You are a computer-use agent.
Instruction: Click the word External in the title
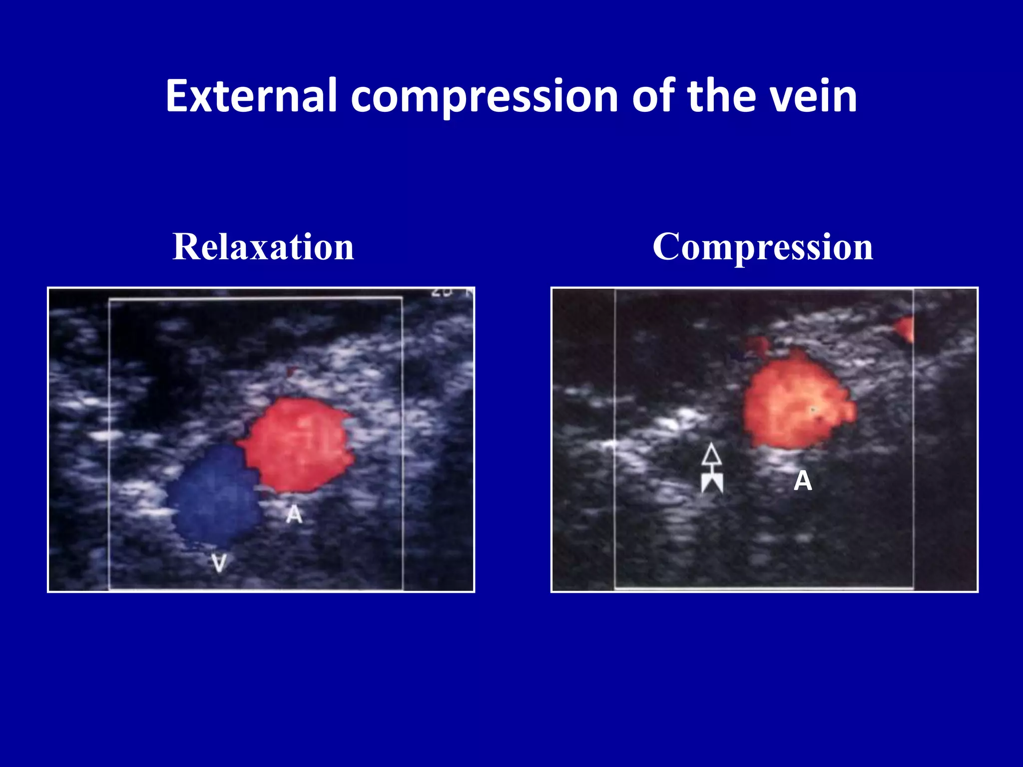tap(251, 96)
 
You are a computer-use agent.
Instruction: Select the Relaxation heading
tap(263, 247)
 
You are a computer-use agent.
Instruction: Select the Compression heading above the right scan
tap(763, 247)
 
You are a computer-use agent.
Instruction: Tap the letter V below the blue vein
tap(219, 563)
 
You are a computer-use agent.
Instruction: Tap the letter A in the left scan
tap(294, 514)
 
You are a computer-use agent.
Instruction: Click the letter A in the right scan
tap(803, 481)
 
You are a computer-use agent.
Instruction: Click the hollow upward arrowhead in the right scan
tap(711, 454)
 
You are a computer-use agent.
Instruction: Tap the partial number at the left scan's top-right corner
tap(442, 294)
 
